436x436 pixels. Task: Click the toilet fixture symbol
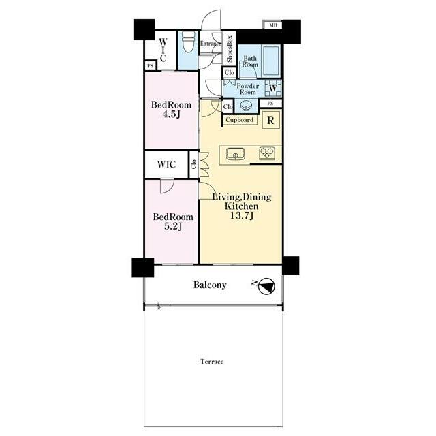189,46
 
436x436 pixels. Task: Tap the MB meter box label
272,25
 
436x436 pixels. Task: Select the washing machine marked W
272,88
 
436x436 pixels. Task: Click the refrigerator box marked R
270,120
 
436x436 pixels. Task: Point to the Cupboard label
239,120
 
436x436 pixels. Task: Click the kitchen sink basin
236,154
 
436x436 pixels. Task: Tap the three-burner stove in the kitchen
266,153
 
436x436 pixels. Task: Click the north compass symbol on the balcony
266,286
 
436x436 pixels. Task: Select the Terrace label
212,362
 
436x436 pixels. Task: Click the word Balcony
210,285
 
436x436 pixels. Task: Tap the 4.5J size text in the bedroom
171,114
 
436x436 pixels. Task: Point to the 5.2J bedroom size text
173,226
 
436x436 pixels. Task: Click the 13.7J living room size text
241,215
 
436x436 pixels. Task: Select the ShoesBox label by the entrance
230,49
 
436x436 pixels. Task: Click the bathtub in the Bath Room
270,61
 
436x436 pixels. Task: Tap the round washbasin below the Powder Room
247,106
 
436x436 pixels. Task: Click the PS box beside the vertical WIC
151,66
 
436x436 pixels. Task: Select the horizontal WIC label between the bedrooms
166,164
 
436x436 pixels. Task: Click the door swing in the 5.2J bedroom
167,186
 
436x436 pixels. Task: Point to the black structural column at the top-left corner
144,29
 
